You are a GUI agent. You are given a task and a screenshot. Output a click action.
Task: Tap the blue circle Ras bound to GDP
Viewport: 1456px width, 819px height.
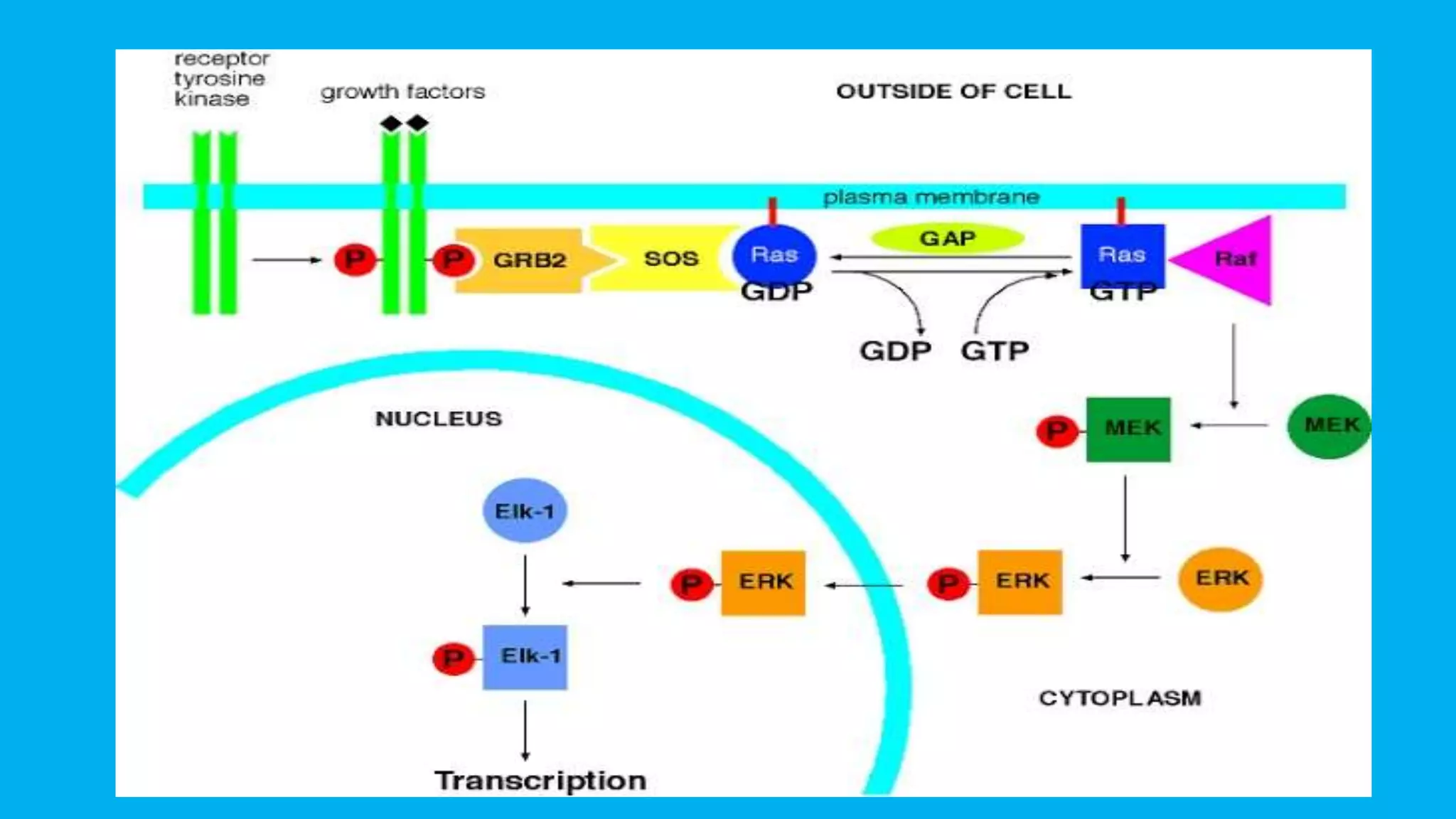(774, 255)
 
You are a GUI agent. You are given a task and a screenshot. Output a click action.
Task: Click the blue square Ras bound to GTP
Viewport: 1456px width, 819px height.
(1122, 255)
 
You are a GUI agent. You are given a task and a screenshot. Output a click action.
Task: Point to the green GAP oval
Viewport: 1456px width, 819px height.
(947, 238)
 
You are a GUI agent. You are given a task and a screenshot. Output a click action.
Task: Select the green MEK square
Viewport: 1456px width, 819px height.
(1128, 429)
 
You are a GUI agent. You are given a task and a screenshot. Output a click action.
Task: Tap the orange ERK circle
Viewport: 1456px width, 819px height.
(1220, 579)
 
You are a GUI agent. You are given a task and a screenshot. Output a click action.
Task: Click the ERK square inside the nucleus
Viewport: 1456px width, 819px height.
(764, 582)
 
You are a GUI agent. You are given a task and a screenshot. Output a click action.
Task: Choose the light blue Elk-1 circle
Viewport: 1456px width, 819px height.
(525, 510)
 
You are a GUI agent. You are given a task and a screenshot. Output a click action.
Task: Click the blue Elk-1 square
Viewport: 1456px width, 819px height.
(525, 657)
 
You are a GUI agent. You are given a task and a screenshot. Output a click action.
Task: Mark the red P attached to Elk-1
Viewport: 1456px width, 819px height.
(454, 658)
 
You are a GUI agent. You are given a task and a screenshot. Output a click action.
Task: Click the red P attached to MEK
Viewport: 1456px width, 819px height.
(1057, 430)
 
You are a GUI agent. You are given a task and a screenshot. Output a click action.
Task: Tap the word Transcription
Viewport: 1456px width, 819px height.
(540, 781)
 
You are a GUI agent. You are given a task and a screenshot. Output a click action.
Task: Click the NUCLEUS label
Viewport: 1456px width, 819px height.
(438, 419)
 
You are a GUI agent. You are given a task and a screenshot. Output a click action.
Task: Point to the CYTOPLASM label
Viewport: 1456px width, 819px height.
(1120, 698)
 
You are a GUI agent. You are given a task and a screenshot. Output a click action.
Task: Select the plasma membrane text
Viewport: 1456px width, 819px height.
(931, 197)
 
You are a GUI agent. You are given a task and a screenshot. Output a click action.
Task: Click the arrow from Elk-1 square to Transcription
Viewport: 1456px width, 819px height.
(525, 731)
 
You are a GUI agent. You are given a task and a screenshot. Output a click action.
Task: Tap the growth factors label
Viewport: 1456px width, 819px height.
(402, 92)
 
